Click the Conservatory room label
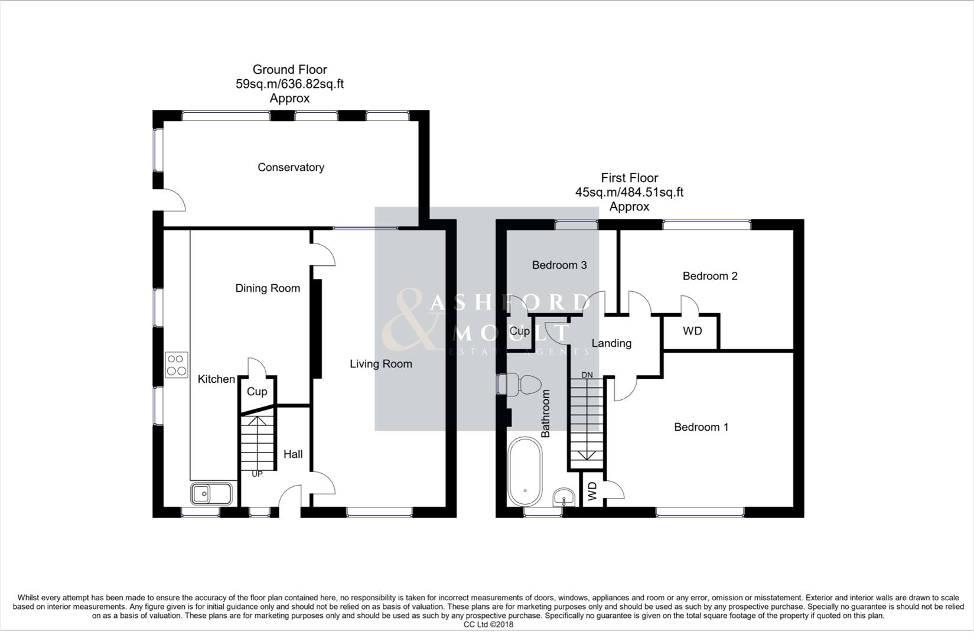coord(291,167)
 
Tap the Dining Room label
coord(268,288)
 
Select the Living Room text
coord(380,364)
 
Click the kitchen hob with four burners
coord(177,364)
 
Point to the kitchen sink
coord(211,493)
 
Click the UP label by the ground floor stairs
coord(257,474)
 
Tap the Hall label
coord(293,454)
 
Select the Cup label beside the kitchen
coord(257,392)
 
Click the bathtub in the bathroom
coord(525,471)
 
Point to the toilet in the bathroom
coord(521,385)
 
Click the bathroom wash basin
coord(564,498)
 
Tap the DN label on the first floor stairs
coord(587,375)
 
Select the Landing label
coord(611,343)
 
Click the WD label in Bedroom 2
coord(692,331)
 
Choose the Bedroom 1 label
coord(701,427)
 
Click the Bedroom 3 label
coord(559,265)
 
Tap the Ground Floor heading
coord(289,70)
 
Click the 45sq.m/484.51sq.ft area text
coord(629,192)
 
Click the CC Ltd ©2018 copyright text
coord(488,624)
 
